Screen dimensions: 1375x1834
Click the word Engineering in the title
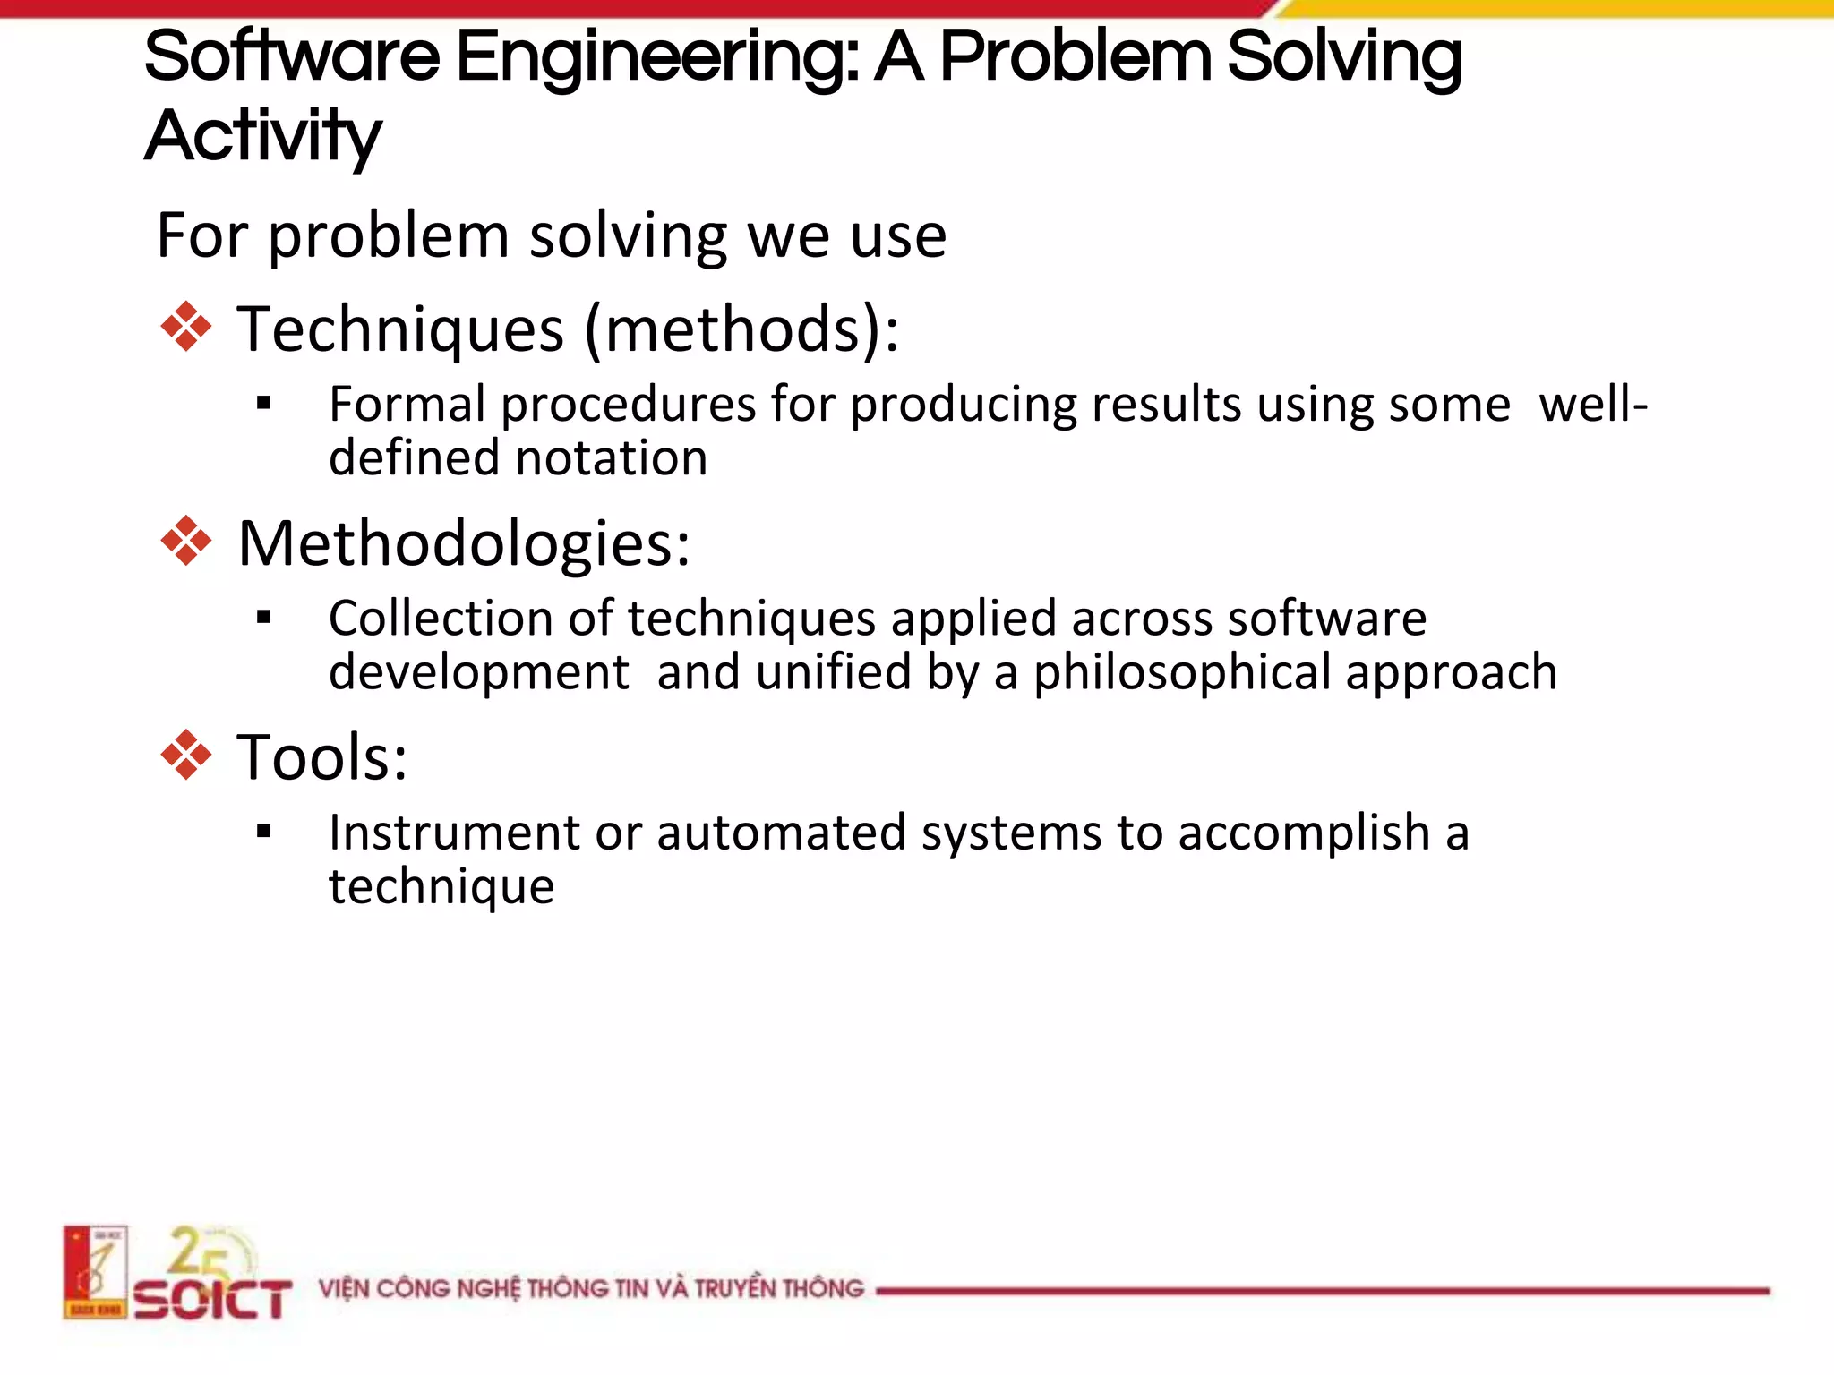tap(658, 57)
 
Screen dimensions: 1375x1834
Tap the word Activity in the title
tap(262, 136)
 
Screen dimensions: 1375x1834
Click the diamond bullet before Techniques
tap(186, 327)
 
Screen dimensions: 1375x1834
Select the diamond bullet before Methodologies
tap(186, 541)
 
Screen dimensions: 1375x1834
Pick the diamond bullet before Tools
tap(186, 756)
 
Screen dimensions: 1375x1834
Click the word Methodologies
tap(463, 542)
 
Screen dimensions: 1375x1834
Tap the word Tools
tap(321, 757)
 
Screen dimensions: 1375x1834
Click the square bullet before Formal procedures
tap(263, 403)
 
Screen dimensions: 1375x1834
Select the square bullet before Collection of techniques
tap(263, 617)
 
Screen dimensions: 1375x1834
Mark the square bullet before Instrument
tap(263, 832)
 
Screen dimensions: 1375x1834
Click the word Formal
tap(407, 404)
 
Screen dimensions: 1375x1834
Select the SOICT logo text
tap(213, 1300)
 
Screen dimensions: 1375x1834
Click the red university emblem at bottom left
tap(95, 1272)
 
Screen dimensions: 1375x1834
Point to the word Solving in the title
tap(1343, 57)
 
